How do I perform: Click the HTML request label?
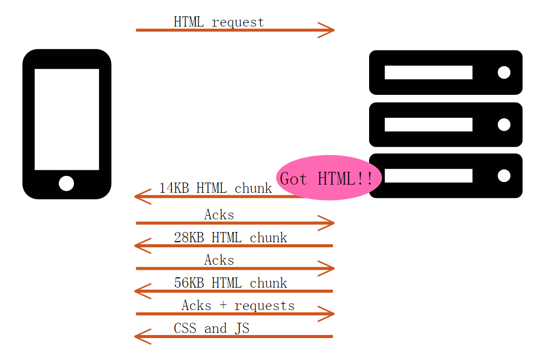[219, 22]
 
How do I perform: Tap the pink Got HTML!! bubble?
[329, 178]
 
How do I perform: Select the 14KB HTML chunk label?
[215, 188]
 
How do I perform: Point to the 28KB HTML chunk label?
[230, 238]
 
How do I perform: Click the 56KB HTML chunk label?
[230, 283]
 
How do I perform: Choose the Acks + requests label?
[238, 305]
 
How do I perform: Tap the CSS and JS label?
[212, 328]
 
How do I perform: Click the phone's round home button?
[66, 183]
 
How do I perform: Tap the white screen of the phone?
[66, 119]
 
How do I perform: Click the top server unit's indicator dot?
[504, 72]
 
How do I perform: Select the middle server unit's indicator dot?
[504, 124]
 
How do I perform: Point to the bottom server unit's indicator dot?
[504, 176]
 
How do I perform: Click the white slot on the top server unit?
[428, 72]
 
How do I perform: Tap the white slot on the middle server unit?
[428, 124]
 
